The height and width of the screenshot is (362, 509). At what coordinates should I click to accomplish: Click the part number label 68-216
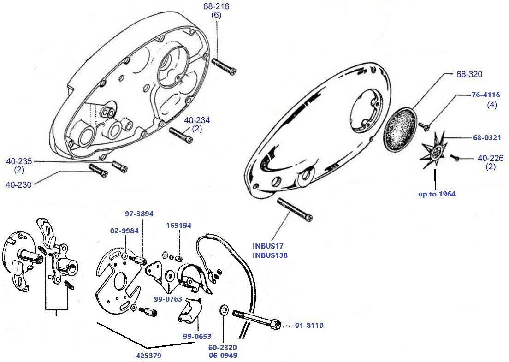click(x=216, y=6)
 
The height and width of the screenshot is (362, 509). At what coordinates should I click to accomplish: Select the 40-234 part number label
click(x=197, y=120)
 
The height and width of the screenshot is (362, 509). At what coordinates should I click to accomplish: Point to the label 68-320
click(x=468, y=74)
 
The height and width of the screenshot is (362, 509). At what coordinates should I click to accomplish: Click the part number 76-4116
click(x=485, y=95)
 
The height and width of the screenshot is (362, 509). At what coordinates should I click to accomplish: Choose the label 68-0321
click(x=488, y=137)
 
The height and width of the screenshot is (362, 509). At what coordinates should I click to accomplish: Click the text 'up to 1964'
click(x=437, y=194)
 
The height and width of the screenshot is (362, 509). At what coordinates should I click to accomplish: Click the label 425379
click(x=148, y=356)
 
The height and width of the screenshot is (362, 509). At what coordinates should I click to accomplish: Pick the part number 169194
click(x=178, y=226)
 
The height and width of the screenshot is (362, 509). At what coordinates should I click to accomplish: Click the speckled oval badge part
click(x=399, y=129)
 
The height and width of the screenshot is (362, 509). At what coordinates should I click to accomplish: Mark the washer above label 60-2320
click(x=224, y=309)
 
